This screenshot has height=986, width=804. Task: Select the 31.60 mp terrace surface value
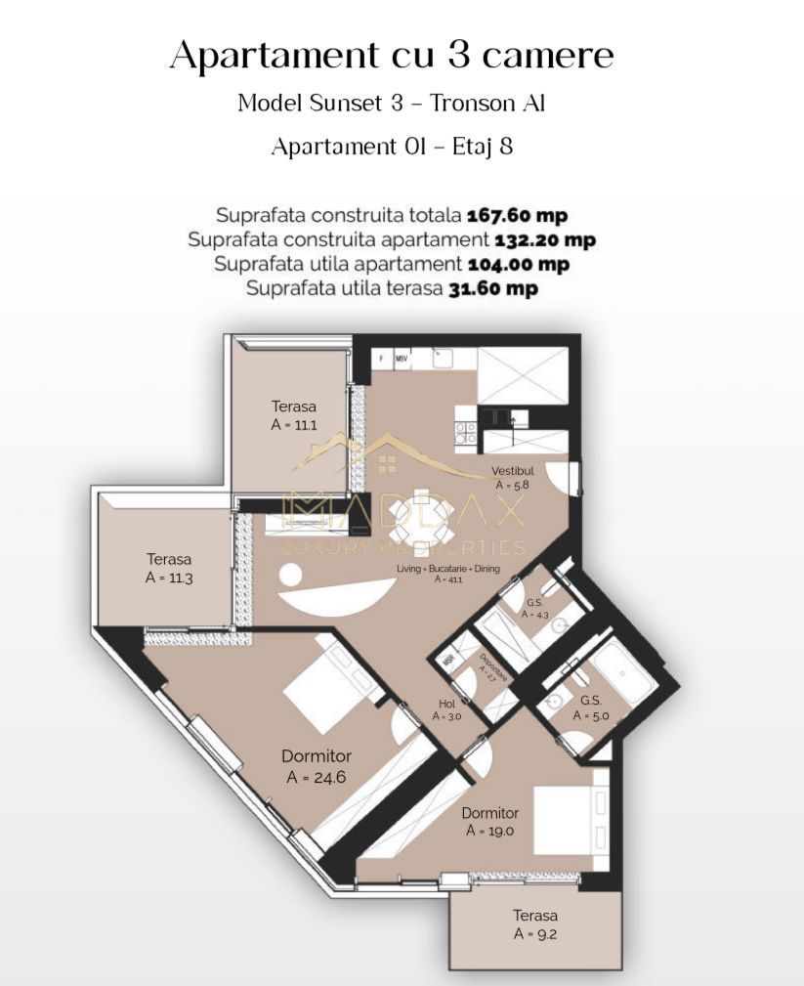tap(492, 288)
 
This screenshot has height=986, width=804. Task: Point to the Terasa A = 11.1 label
tap(294, 415)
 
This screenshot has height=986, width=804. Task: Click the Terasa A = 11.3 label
tap(169, 568)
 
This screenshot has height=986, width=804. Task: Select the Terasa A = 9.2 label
tap(535, 924)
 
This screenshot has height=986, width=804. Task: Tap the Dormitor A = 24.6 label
tap(316, 766)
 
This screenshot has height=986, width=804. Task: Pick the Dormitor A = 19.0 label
tap(489, 822)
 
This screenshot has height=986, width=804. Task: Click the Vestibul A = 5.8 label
tap(513, 477)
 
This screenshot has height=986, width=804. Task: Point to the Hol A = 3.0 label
tap(446, 709)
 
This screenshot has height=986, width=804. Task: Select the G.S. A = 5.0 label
tap(590, 708)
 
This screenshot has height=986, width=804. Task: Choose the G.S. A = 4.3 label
tap(535, 609)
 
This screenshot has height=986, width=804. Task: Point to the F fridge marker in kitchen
tap(380, 359)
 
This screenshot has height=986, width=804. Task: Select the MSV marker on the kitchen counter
tap(402, 359)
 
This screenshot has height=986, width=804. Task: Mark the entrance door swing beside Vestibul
tap(563, 475)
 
